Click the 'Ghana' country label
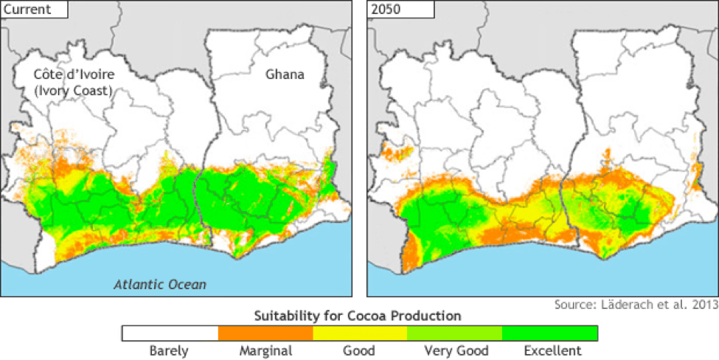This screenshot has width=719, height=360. [x=284, y=75]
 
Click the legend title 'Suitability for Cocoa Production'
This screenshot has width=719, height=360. [x=358, y=316]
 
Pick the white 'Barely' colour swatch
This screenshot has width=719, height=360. [x=170, y=333]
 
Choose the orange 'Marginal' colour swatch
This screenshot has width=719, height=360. [x=265, y=333]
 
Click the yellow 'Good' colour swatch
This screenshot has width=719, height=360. [x=360, y=333]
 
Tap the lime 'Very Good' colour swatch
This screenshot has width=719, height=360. [x=454, y=333]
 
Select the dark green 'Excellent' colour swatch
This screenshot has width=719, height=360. [x=549, y=333]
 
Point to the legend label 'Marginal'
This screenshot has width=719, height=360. [x=265, y=350]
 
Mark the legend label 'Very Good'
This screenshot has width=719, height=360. [x=454, y=350]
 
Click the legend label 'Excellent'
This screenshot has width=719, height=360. [x=549, y=350]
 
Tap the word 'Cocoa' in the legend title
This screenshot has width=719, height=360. [x=375, y=316]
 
